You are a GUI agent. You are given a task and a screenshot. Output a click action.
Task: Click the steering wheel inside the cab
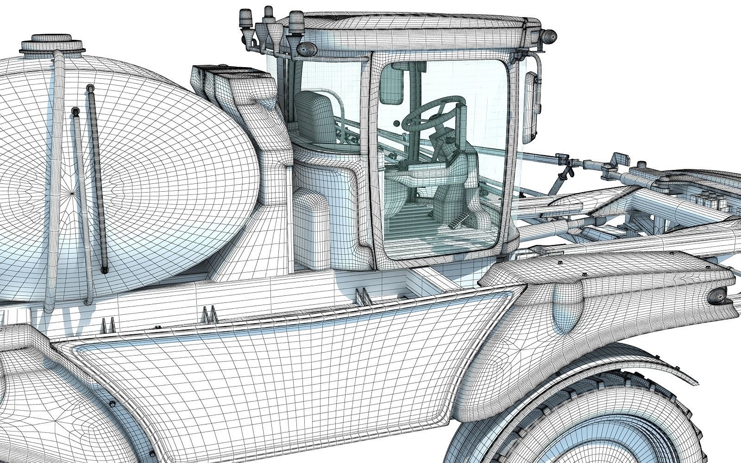pos(433,111)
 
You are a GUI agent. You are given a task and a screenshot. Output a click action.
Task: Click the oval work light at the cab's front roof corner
pos(549,36)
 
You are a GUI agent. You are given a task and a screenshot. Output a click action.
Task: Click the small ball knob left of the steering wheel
pos(396,124)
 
